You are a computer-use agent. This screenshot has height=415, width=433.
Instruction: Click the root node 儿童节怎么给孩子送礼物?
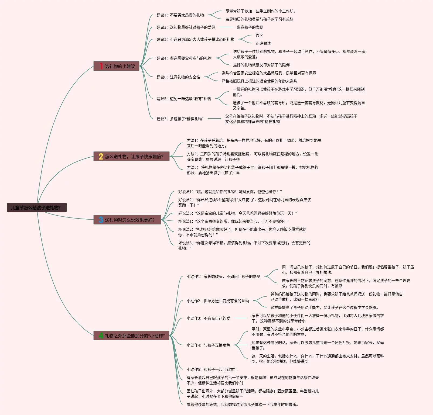click(36, 207)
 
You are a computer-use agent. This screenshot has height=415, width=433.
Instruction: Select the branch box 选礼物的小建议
click(117, 66)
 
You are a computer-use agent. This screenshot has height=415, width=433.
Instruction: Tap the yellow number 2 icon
click(101, 156)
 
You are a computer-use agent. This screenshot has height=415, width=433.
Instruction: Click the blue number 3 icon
click(101, 220)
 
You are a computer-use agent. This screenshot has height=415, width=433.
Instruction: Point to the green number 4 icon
click(101, 336)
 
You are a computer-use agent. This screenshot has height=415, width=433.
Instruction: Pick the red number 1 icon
click(101, 66)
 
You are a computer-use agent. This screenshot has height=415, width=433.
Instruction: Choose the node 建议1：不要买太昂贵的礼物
click(180, 15)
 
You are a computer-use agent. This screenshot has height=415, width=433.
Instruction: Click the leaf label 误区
click(259, 35)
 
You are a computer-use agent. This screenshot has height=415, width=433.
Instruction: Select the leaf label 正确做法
click(263, 43)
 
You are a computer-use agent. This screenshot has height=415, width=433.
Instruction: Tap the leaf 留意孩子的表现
click(250, 27)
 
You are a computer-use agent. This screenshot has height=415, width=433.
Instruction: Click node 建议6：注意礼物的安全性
click(178, 77)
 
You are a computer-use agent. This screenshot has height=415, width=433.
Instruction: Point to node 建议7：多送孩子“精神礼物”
click(180, 119)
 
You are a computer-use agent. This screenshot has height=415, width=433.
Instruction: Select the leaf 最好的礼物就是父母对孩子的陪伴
click(261, 65)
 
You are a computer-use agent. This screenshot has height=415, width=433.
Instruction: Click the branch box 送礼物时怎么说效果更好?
click(127, 220)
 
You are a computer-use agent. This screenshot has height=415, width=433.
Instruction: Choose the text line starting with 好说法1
click(230, 192)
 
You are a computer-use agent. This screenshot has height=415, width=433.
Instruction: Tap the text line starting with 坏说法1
click(234, 221)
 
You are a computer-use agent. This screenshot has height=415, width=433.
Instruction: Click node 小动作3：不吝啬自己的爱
click(208, 318)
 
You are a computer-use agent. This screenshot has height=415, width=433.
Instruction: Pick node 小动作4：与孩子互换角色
click(208, 345)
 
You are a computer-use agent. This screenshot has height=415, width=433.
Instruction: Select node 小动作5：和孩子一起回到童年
click(212, 369)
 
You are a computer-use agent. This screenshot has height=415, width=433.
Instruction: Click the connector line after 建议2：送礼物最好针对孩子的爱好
click(226, 27)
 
